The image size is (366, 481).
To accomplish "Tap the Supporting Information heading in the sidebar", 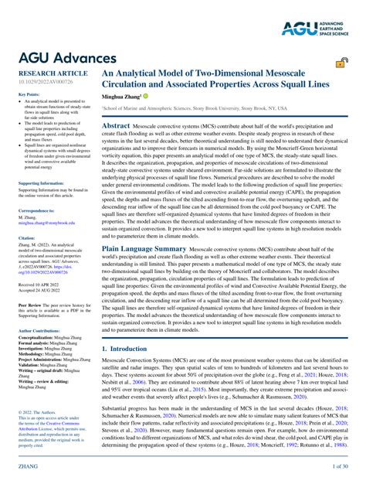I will point(42,183).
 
